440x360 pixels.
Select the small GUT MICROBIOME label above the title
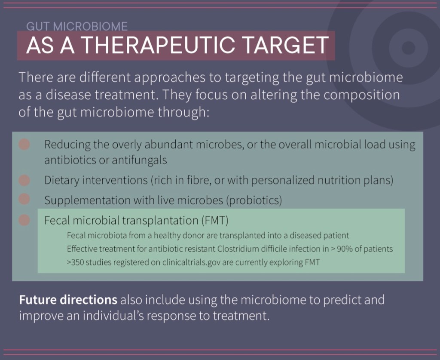(x=77, y=26)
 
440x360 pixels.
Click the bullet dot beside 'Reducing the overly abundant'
(x=24, y=145)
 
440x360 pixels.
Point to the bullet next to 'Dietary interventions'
(x=24, y=180)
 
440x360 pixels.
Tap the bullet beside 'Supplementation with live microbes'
(x=24, y=199)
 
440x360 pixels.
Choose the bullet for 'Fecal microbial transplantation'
(x=24, y=220)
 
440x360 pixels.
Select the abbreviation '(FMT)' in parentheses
(x=215, y=221)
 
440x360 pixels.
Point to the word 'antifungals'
(x=140, y=160)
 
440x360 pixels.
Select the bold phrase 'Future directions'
(x=68, y=300)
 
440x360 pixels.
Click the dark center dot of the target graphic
(x=408, y=48)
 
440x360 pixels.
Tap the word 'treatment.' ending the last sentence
(x=241, y=316)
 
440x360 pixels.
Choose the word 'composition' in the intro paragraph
(x=361, y=95)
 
